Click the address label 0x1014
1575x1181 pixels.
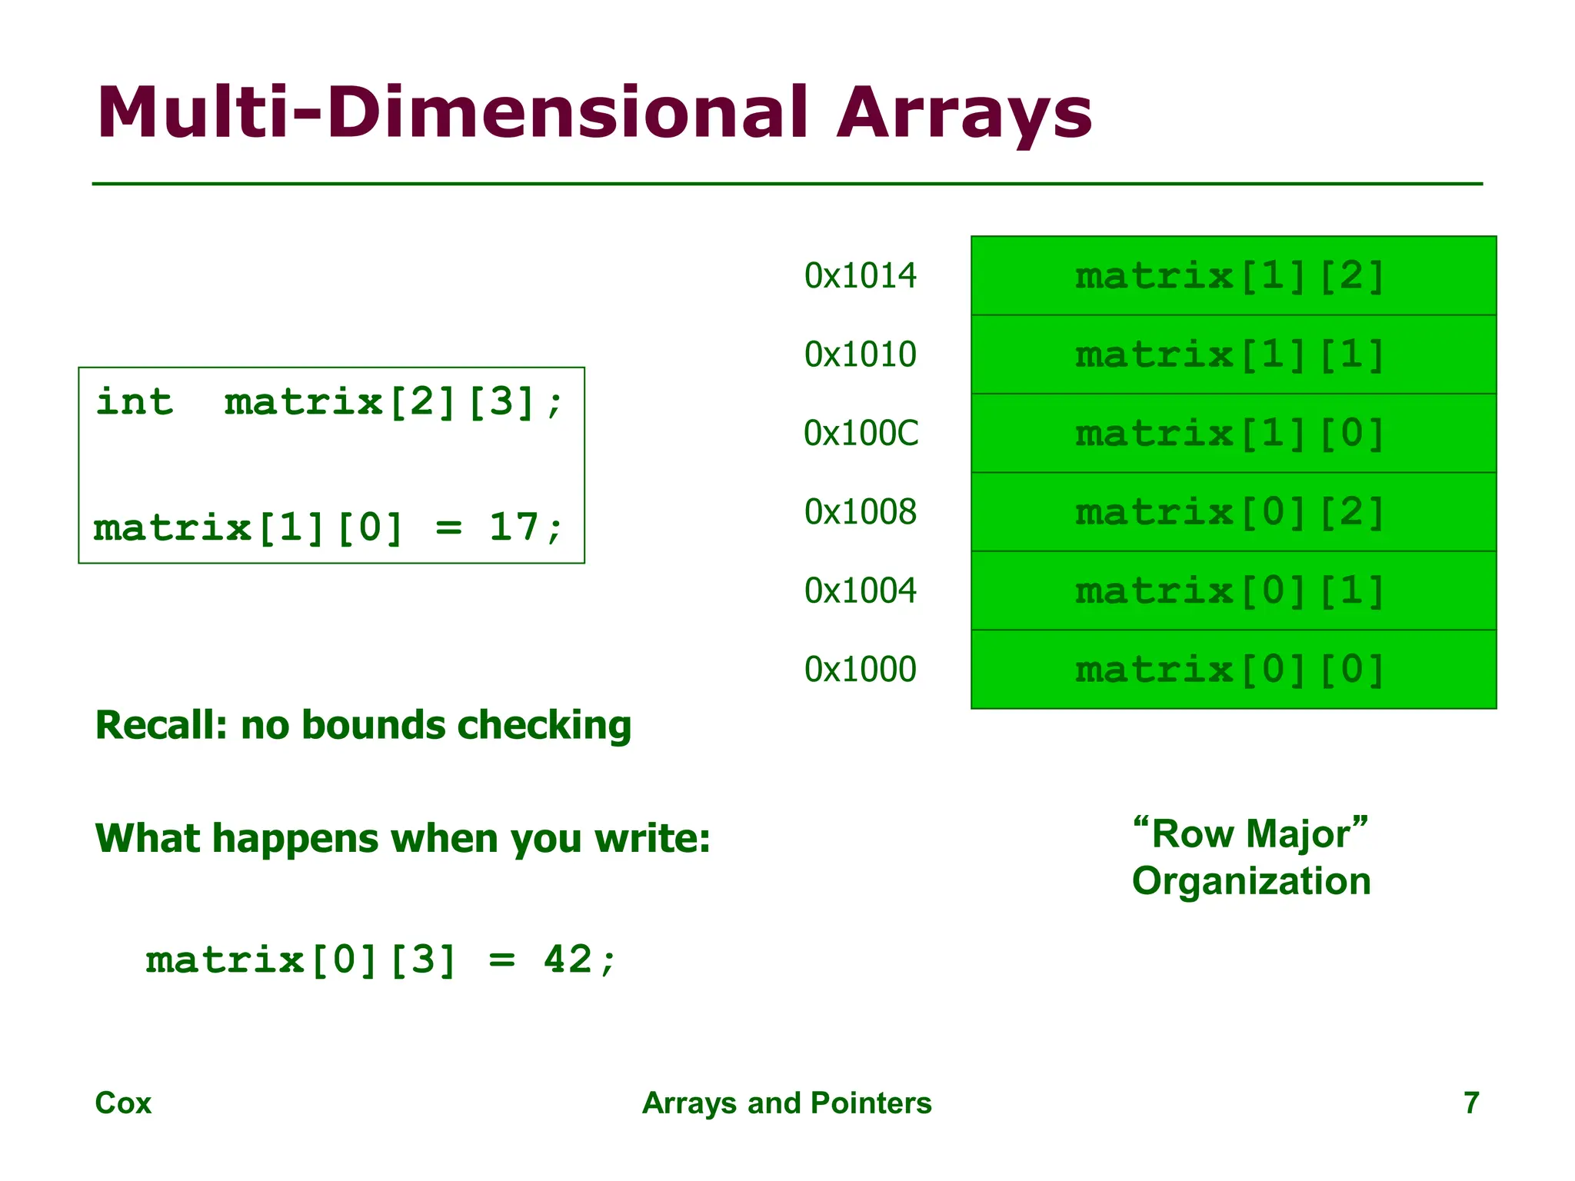860,276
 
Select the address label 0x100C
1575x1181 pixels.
861,434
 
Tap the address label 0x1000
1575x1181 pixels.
860,670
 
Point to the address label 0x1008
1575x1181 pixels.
860,512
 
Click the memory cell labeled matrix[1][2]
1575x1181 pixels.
1233,276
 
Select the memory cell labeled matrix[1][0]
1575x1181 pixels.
1233,434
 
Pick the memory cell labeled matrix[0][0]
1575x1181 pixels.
1233,670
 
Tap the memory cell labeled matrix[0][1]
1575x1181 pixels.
1233,591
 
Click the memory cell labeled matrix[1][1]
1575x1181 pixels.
1233,354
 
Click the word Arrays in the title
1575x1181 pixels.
964,114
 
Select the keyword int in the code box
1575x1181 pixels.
135,402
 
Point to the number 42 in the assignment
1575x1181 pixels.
568,960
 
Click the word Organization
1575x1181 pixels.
1251,881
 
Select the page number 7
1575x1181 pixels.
1470,1103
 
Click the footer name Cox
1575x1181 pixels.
123,1103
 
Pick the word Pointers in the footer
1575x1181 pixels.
871,1103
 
